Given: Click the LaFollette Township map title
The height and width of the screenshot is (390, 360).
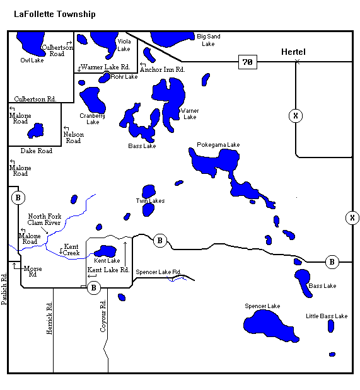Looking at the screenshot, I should (55, 14).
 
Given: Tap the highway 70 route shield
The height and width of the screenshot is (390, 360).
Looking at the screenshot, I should (248, 62).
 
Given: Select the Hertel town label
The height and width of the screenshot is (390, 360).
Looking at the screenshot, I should (293, 51).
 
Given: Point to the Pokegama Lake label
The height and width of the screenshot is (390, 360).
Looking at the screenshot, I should (218, 145).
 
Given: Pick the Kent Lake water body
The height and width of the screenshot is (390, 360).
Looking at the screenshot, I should (105, 251).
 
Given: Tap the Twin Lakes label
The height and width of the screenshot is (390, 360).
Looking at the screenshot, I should (150, 201).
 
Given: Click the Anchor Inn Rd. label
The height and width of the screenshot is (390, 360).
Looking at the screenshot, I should (163, 69).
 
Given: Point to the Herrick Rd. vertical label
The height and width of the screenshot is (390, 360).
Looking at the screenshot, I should (50, 318).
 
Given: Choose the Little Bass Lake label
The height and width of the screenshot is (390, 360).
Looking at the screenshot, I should (327, 316).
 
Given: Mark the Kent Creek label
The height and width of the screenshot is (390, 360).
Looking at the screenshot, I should (71, 249).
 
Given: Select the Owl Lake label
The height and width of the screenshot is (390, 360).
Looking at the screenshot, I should (32, 60).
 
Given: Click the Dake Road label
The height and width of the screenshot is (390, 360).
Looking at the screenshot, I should (37, 151).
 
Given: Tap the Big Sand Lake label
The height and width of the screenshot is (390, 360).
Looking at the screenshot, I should (208, 40).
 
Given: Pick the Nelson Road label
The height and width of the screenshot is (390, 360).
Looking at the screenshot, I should (73, 137).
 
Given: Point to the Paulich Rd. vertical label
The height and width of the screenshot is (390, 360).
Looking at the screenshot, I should (4, 289).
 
